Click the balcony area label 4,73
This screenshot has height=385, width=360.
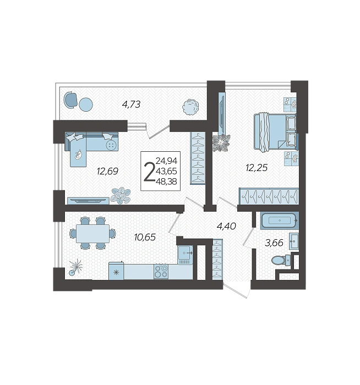click(131, 104)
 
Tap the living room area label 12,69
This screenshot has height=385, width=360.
click(107, 171)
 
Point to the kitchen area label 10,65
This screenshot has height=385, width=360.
click(145, 237)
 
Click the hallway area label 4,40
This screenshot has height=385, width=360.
click(226, 225)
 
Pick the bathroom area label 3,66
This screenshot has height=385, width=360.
click(274, 243)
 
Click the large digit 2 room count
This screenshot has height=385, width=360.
click(148, 172)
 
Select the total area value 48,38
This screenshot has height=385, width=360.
click(166, 182)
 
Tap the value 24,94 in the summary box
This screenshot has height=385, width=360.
click(166, 161)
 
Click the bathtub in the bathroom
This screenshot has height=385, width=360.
click(280, 222)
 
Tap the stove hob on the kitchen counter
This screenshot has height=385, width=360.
click(161, 271)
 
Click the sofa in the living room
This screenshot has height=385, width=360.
click(91, 145)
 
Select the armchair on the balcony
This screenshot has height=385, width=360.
click(71, 100)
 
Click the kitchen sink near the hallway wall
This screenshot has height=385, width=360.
click(185, 254)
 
